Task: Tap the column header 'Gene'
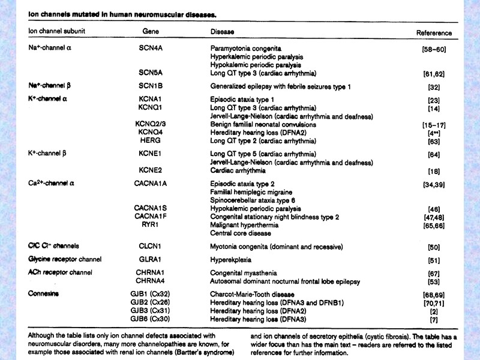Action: point(151,31)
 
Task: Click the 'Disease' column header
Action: point(222,31)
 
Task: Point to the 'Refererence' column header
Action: point(434,32)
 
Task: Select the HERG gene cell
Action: point(151,141)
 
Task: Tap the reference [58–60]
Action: point(434,49)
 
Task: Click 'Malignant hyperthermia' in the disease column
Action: point(244,224)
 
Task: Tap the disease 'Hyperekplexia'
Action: point(231,260)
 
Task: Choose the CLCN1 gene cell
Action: point(151,247)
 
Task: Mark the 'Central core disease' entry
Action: point(239,233)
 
